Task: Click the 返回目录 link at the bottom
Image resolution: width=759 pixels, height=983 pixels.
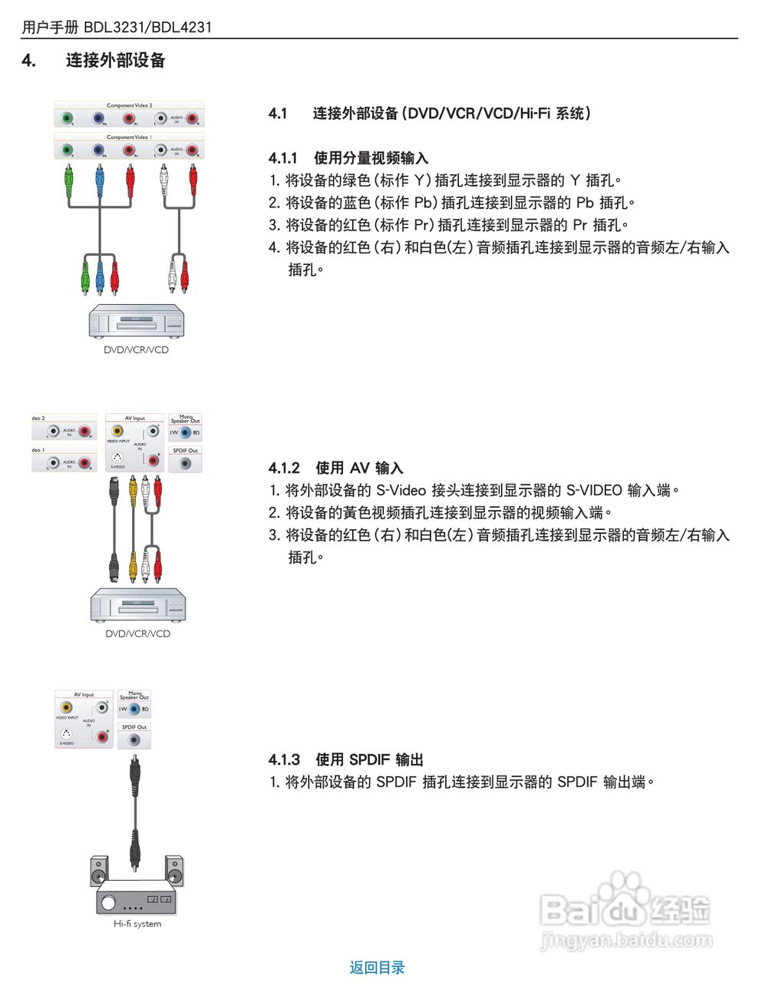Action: pyautogui.click(x=377, y=968)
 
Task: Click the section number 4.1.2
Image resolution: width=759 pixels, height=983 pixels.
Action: pyautogui.click(x=284, y=468)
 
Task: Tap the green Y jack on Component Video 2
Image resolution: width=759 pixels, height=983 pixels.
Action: pyautogui.click(x=68, y=118)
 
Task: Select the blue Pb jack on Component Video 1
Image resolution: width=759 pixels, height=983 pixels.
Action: pyautogui.click(x=98, y=150)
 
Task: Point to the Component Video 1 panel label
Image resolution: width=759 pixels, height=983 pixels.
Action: pyautogui.click(x=129, y=137)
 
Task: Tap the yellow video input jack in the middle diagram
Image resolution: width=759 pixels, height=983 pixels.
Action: pyautogui.click(x=117, y=432)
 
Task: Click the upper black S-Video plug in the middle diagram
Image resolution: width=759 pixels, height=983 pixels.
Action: pyautogui.click(x=114, y=491)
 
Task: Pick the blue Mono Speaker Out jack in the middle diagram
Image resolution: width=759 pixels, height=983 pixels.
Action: pyautogui.click(x=185, y=432)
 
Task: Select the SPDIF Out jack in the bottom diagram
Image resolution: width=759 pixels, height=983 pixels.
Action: pyautogui.click(x=134, y=740)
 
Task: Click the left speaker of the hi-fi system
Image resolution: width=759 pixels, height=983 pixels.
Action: pyautogui.click(x=99, y=872)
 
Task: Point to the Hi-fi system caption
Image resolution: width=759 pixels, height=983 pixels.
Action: pyautogui.click(x=137, y=924)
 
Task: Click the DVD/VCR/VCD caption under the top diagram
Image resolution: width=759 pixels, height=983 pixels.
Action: pyautogui.click(x=136, y=350)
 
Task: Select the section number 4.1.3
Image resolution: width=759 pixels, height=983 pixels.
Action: pyautogui.click(x=284, y=760)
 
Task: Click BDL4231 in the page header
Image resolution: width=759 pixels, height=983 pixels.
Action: pyautogui.click(x=181, y=28)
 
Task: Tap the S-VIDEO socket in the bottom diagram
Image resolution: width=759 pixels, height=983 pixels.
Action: pyautogui.click(x=67, y=734)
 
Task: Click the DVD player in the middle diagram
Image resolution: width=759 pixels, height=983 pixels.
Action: pyautogui.click(x=138, y=605)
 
